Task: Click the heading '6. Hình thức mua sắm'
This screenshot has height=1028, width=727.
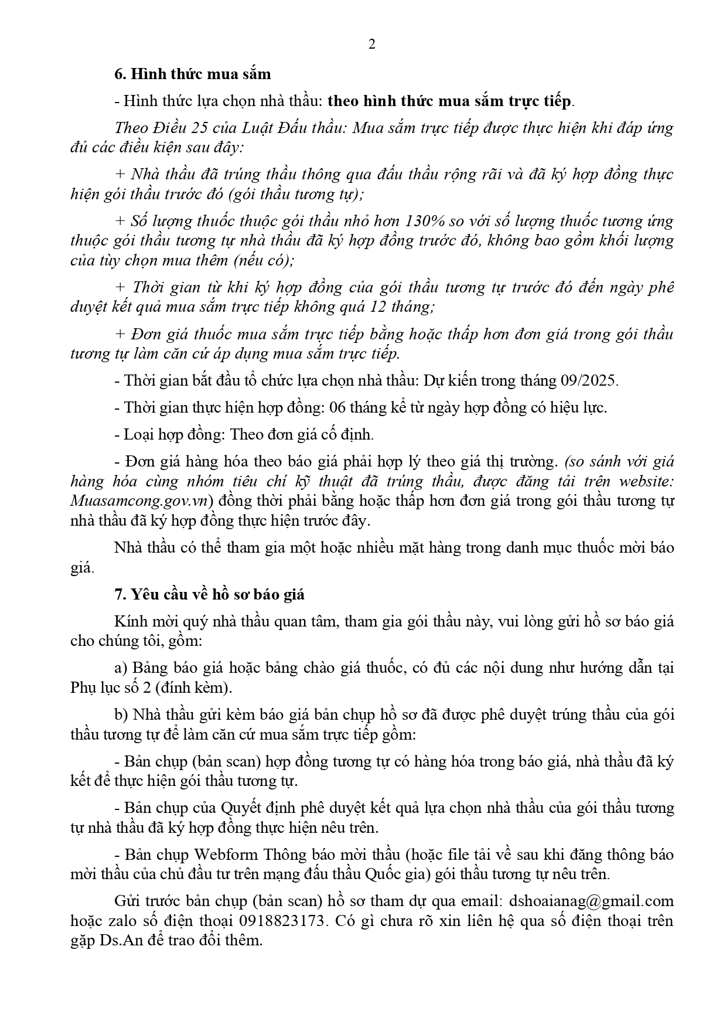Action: coord(193,74)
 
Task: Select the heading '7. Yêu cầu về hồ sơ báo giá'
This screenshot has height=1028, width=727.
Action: coord(209,594)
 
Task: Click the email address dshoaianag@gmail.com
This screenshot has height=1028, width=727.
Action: coord(591,901)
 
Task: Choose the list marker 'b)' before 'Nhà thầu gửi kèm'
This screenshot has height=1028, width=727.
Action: coord(121,714)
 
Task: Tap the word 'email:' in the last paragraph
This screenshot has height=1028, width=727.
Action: coord(483,901)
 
